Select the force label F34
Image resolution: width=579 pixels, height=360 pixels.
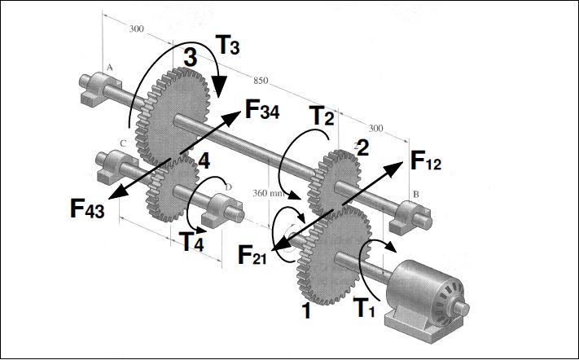[262, 110]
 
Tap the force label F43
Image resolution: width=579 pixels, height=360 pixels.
[87, 209]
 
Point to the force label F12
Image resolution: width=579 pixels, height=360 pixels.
[425, 161]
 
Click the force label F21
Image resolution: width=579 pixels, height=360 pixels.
[252, 255]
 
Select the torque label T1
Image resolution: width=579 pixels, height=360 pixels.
[364, 308]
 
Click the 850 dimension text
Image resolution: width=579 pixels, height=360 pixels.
[261, 80]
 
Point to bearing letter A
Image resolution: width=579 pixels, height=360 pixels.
[109, 68]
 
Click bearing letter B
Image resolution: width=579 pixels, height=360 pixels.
[416, 194]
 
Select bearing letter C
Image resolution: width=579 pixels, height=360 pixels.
[123, 143]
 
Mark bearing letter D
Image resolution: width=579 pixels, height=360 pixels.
[229, 187]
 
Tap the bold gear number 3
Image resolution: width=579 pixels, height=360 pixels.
[191, 58]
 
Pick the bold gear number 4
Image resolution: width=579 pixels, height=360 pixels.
[204, 160]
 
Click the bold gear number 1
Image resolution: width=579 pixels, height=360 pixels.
[306, 311]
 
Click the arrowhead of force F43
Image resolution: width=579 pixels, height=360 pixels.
[116, 193]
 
